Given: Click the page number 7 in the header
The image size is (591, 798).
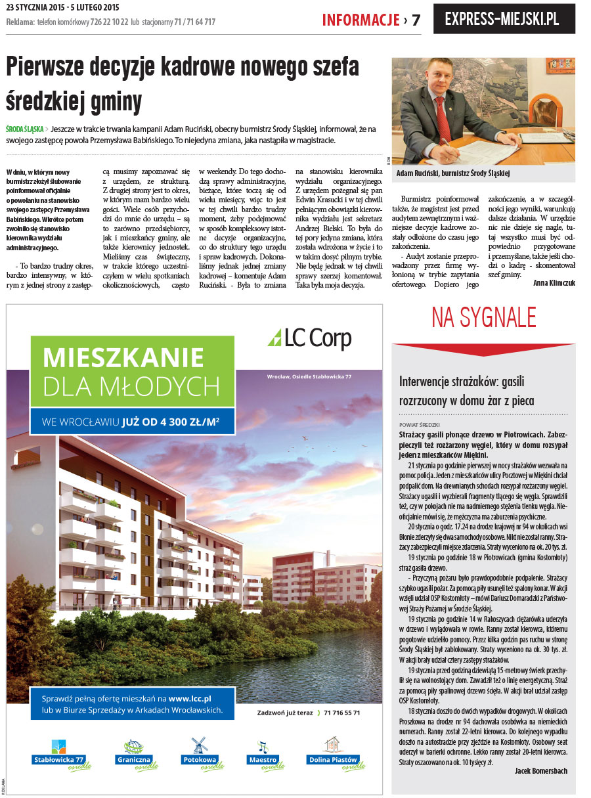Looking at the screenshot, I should (x=416, y=20).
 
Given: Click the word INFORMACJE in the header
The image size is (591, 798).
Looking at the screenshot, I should (x=361, y=20).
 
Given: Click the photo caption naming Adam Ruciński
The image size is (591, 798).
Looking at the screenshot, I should (x=453, y=173).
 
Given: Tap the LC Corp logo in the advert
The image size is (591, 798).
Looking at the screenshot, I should (x=309, y=338).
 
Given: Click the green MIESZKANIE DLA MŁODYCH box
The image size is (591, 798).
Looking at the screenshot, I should (x=132, y=372).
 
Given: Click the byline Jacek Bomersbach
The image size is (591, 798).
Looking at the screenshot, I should (x=540, y=771).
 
